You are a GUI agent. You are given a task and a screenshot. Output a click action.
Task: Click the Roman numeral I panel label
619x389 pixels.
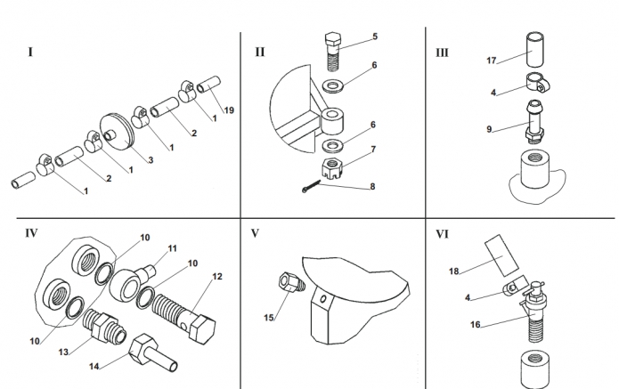[x=30, y=53]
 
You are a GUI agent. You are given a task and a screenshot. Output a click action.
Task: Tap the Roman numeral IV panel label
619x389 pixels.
[x=31, y=233]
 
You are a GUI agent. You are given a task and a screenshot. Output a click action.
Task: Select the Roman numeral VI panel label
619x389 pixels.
[x=442, y=234]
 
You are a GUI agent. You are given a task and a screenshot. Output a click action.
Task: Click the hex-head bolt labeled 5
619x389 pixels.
[x=332, y=52]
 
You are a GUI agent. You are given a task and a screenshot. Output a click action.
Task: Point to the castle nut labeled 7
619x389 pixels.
[x=331, y=168]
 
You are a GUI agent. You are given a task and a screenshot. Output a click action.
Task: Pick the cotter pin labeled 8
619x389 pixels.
[x=311, y=186]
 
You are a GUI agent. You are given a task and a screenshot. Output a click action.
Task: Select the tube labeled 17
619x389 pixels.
[x=535, y=51]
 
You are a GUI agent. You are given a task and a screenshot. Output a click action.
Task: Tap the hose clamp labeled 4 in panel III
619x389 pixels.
[x=538, y=84]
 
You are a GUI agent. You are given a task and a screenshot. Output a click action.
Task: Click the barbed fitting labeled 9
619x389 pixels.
[x=535, y=121]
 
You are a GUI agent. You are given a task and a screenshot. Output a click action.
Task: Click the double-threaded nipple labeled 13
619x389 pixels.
[x=104, y=326]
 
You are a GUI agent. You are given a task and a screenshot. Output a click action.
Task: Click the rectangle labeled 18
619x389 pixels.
[x=501, y=255]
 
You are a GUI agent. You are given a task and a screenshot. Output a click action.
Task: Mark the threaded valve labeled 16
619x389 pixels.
[x=534, y=312]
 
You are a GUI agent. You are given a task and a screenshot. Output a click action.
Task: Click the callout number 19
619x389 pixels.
[x=229, y=110]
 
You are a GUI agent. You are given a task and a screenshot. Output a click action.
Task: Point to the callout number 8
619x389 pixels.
[x=372, y=187]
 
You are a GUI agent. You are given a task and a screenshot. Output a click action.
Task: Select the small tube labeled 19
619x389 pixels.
[x=208, y=85]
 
